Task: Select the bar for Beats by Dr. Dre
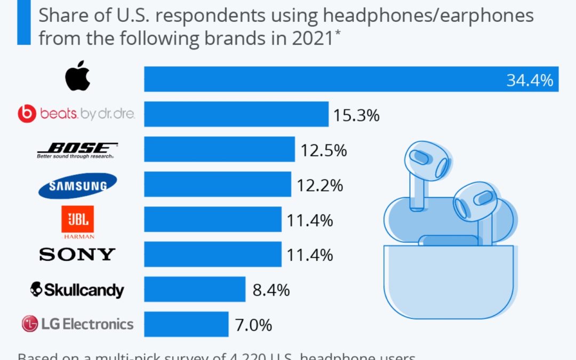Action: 236,114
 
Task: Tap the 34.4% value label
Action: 529,81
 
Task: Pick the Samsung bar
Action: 218,184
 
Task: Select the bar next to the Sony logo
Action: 213,254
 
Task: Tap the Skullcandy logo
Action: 77,290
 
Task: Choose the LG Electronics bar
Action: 186,324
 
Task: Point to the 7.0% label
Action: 253,324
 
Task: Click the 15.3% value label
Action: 356,115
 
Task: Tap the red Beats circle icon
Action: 27,114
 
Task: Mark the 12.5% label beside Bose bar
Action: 324,150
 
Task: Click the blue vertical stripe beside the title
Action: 24,22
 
